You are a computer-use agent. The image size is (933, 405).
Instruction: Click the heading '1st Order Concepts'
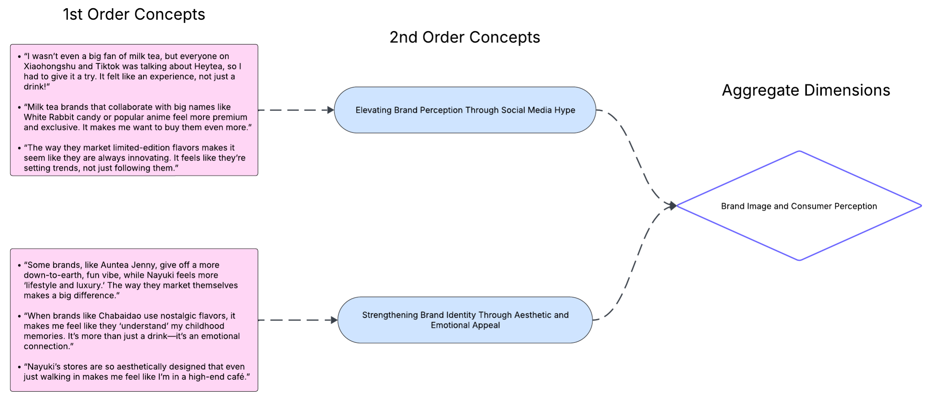[x=134, y=15]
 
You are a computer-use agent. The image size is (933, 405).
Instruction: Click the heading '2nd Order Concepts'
[x=465, y=37]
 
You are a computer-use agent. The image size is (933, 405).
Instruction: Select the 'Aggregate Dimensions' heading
[x=806, y=90]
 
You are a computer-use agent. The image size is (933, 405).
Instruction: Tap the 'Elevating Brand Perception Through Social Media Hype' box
[x=465, y=110]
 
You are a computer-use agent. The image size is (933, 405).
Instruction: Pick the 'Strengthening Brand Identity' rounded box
[x=465, y=320]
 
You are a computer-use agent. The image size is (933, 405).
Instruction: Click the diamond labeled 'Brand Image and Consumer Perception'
[x=799, y=206]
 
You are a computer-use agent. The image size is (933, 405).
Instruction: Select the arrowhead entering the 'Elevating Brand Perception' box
[x=331, y=110]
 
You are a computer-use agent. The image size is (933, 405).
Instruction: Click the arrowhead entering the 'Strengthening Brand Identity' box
[x=334, y=320]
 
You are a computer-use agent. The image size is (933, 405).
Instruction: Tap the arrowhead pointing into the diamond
[x=672, y=205]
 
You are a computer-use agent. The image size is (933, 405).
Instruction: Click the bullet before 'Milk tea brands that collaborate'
[x=19, y=107]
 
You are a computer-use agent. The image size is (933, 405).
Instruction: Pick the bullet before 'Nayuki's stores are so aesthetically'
[x=19, y=367]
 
